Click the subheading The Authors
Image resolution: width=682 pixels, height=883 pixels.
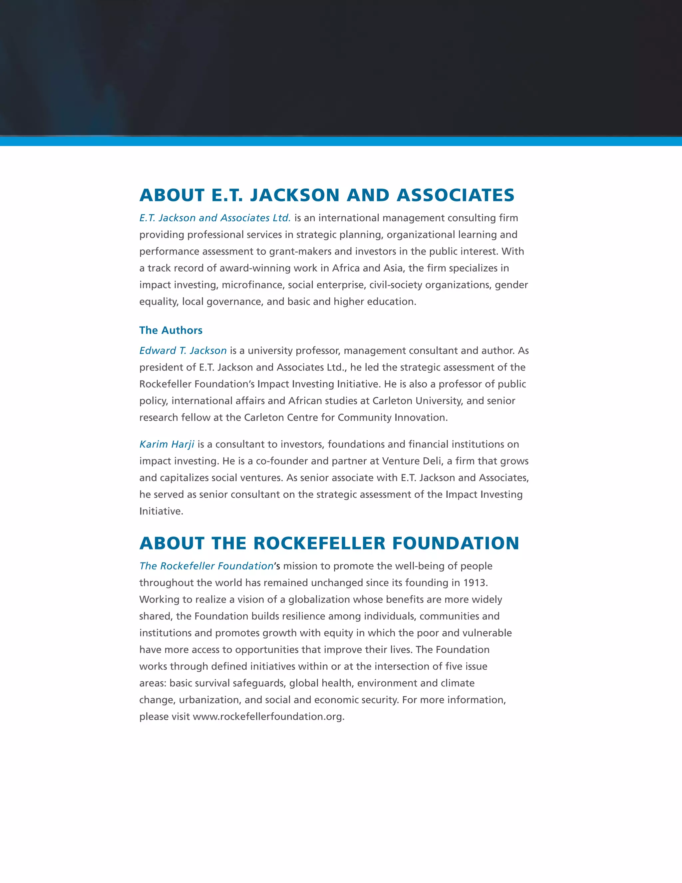pos(170,330)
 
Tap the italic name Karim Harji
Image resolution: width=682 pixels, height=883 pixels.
pos(167,444)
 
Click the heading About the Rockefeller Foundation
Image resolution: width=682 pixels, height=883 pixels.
pos(329,543)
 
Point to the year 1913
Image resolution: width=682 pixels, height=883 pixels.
pos(475,582)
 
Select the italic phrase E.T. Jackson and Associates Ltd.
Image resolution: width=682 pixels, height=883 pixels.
pos(215,218)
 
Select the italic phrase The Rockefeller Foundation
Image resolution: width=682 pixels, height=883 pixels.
pos(206,566)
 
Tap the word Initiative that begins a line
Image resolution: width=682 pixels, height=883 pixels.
pos(161,511)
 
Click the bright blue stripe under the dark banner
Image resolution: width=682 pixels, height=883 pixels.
pos(341,141)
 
